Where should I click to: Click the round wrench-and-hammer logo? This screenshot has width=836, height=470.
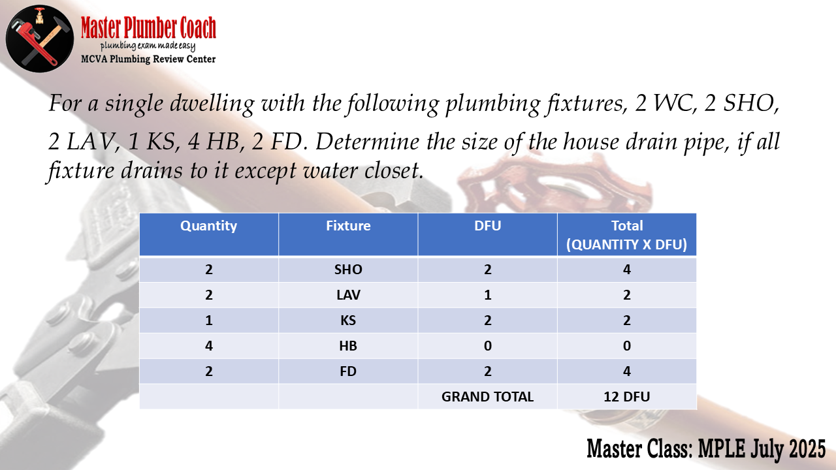tap(40, 39)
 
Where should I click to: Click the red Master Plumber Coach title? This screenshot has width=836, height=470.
tap(148, 27)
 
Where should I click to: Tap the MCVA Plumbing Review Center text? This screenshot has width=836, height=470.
tap(148, 59)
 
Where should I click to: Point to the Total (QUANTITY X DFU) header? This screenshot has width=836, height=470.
tap(626, 235)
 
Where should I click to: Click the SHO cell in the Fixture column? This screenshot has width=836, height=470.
tap(348, 270)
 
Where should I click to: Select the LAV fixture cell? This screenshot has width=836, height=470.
tap(348, 294)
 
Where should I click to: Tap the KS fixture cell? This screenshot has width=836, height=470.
tap(348, 321)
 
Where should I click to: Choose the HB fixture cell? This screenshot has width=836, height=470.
tap(348, 346)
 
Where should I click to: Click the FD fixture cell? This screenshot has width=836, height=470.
tap(348, 371)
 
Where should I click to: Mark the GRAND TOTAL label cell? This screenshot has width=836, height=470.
tap(487, 396)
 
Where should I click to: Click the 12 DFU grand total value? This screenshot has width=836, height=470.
tap(626, 396)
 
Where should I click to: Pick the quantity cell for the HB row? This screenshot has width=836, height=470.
tap(208, 346)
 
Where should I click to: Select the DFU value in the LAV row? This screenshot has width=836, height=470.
tap(487, 294)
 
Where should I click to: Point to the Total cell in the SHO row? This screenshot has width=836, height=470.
tap(626, 270)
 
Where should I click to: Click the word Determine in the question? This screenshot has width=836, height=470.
tap(367, 142)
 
